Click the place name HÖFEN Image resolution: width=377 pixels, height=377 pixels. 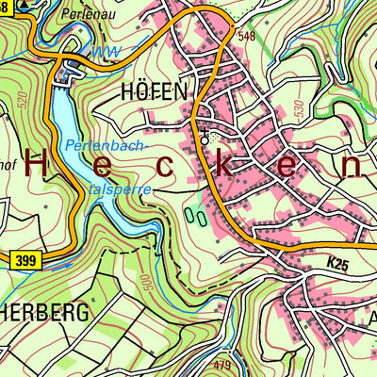point(156,91)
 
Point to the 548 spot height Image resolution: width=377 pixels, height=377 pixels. point(247,37)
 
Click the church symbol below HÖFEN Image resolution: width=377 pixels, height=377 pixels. point(204,139)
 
